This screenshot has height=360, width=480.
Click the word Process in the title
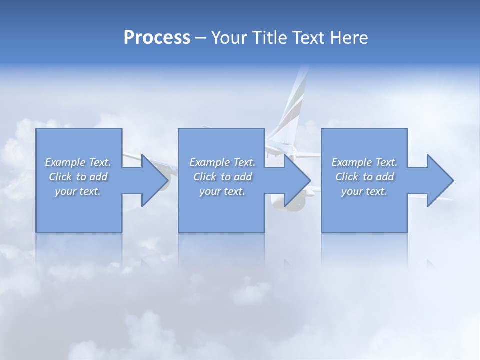(x=157, y=38)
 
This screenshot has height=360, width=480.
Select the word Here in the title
(x=349, y=38)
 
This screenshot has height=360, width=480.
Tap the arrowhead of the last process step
(x=439, y=180)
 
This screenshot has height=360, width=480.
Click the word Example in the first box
(x=65, y=162)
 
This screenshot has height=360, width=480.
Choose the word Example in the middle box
(x=209, y=162)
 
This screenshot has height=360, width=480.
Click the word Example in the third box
(x=351, y=162)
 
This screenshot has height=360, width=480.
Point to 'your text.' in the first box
(x=78, y=191)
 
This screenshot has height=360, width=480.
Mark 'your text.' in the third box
(x=364, y=191)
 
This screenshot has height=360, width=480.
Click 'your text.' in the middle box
(x=222, y=191)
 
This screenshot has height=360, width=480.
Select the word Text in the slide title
(x=308, y=38)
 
